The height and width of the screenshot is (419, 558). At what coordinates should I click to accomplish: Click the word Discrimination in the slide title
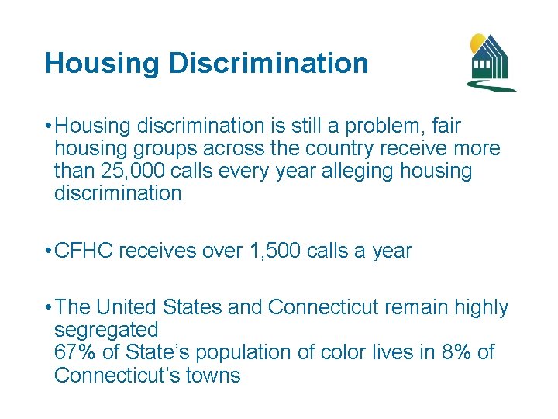(269, 64)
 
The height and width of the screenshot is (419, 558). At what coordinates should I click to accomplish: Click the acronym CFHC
(84, 251)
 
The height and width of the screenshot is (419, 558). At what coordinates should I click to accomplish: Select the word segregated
(106, 331)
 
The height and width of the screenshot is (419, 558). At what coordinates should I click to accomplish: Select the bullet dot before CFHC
(48, 251)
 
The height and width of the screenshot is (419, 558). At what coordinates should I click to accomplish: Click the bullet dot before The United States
(48, 307)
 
